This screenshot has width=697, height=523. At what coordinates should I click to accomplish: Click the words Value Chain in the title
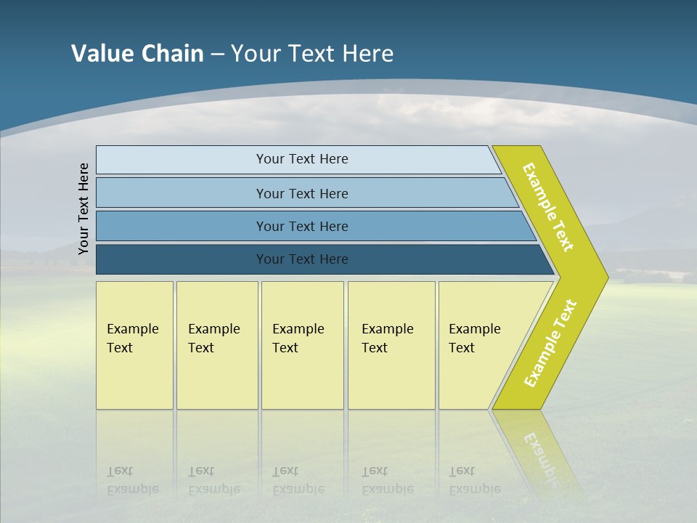[x=137, y=53]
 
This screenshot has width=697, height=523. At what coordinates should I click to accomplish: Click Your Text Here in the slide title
[x=312, y=53]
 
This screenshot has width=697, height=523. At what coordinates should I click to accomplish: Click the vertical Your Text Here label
[x=83, y=208]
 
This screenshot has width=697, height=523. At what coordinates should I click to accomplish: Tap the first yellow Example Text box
[x=134, y=345]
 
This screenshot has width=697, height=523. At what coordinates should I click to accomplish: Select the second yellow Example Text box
[x=216, y=345]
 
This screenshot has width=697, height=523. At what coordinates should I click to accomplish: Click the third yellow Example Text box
[x=301, y=345]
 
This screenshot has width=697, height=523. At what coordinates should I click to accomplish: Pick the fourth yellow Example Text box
[x=391, y=345]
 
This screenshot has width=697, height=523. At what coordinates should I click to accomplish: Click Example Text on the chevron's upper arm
[x=548, y=207]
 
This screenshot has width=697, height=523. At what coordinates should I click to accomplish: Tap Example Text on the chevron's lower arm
[x=550, y=343]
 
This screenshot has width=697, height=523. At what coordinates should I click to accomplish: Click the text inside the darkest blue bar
[x=302, y=259]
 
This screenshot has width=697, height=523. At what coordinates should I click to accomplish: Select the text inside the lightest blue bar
[x=302, y=159]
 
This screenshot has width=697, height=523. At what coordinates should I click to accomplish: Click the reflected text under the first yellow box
[x=133, y=480]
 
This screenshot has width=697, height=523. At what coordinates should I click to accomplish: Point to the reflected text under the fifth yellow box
[x=475, y=480]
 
